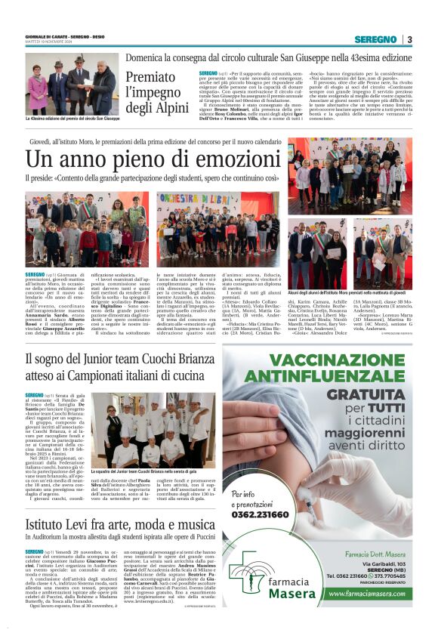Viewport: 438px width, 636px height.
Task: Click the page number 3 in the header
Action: (409, 39)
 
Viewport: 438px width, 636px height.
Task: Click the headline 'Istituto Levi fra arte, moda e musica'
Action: (120, 524)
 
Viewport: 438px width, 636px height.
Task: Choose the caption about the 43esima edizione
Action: (72, 119)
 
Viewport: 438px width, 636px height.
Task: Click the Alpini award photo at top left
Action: (72, 83)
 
